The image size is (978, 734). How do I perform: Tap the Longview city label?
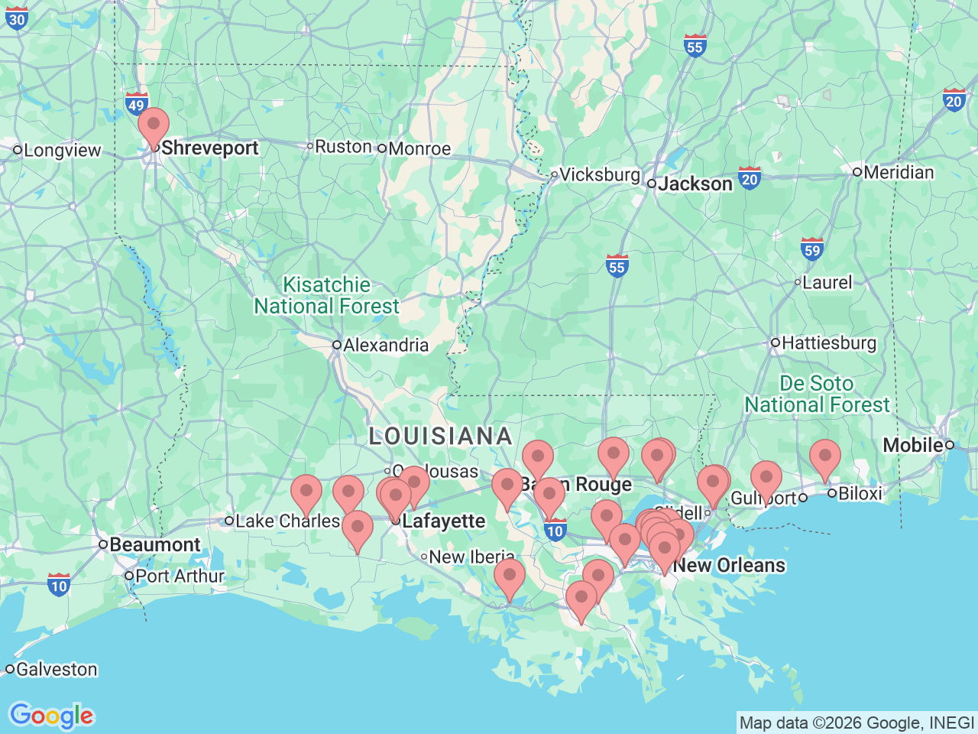tap(62, 150)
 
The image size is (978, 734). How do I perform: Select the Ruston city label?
tap(343, 146)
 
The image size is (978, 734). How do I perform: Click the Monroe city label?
tap(419, 148)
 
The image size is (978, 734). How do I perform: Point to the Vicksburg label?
tap(600, 174)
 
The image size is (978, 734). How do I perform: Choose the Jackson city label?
tap(695, 183)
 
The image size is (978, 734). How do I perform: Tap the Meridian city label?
tap(899, 172)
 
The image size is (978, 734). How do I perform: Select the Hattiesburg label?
tap(828, 343)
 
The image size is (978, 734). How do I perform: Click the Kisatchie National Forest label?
tap(327, 295)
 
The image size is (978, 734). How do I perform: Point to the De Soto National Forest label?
tap(817, 394)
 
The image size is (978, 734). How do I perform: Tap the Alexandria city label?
tap(385, 345)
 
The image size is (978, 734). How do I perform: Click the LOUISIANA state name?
tap(441, 436)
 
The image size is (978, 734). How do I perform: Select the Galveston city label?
tap(57, 669)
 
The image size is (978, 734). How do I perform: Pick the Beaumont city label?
tap(154, 544)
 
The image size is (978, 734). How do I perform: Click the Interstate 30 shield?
tap(17, 18)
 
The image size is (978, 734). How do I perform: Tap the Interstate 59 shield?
tap(811, 249)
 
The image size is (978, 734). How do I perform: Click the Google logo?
tap(51, 716)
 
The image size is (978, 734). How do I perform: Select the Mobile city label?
tap(913, 444)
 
